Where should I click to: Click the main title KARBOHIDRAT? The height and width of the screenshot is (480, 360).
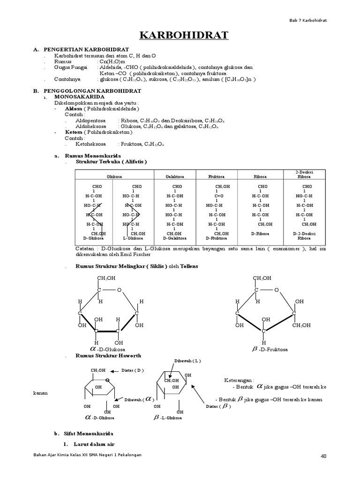pos(180,36)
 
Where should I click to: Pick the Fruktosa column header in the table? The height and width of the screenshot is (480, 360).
pos(217,177)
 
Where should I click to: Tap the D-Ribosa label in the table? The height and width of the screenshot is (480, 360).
pos(259,233)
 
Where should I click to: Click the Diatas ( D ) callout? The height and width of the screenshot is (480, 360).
pos(133,370)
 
